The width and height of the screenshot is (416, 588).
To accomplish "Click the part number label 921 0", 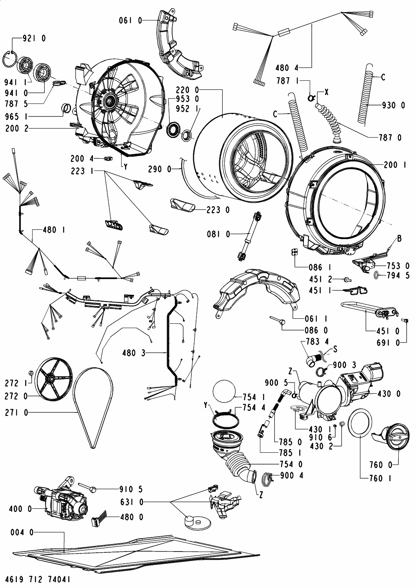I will point(34,38).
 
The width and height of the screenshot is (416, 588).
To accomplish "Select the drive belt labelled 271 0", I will point(94,408).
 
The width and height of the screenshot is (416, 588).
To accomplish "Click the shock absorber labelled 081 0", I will point(248,235).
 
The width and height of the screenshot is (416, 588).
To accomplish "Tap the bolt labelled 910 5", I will point(93,488).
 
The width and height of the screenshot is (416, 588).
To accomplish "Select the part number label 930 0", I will point(394,105).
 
